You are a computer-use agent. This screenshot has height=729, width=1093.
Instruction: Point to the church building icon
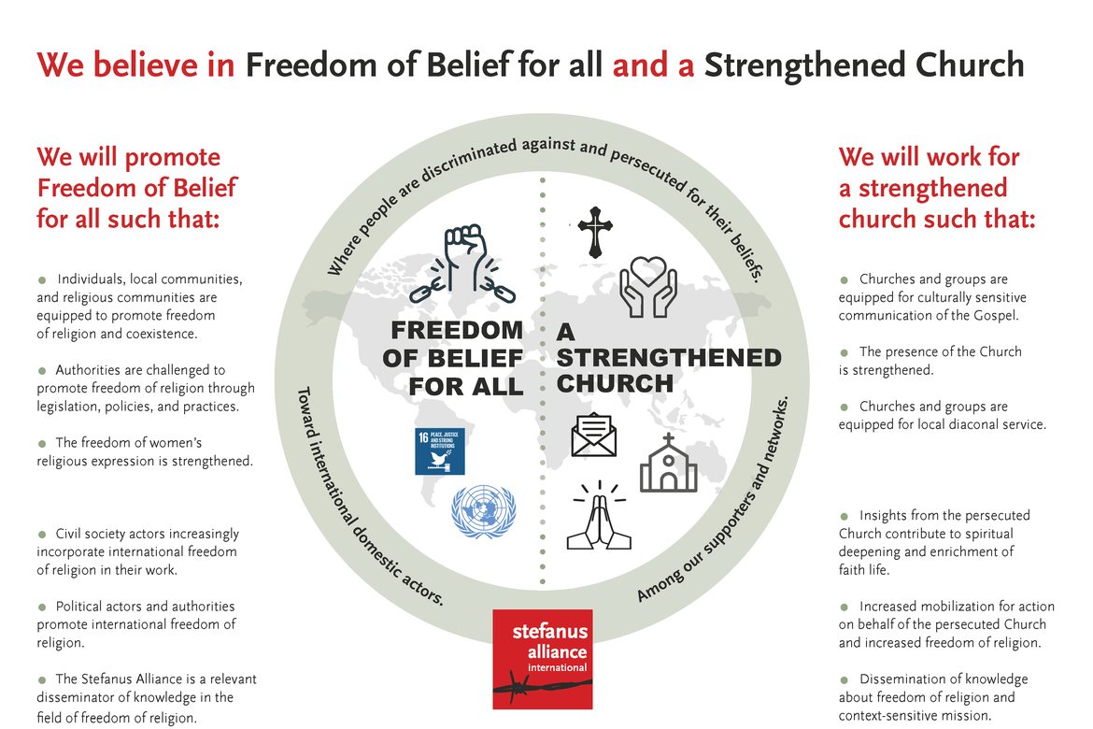click(668, 464)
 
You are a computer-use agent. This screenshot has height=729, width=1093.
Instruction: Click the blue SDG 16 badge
click(439, 451)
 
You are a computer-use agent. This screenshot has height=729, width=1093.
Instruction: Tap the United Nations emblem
click(483, 511)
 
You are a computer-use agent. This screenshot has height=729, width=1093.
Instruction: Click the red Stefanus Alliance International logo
click(543, 660)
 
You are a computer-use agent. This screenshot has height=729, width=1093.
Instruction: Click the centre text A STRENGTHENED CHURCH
click(667, 358)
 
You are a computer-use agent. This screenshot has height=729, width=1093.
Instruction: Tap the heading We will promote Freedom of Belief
click(136, 187)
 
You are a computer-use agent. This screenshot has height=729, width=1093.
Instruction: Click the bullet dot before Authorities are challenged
click(42, 371)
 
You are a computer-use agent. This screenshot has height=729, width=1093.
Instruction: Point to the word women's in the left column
click(169, 442)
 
